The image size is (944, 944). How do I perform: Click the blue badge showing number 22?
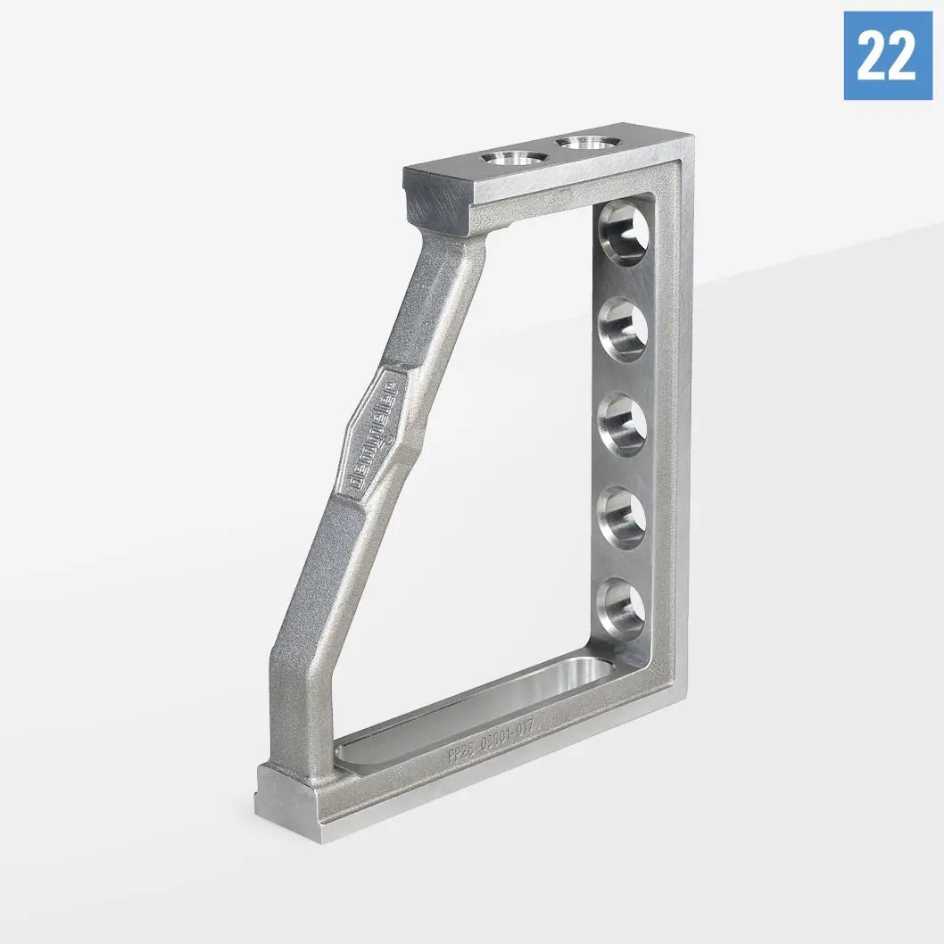[887, 55]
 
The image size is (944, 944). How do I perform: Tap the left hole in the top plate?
[514, 160]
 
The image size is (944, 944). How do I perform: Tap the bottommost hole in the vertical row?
[622, 609]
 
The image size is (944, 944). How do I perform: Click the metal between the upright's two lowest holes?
[624, 564]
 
